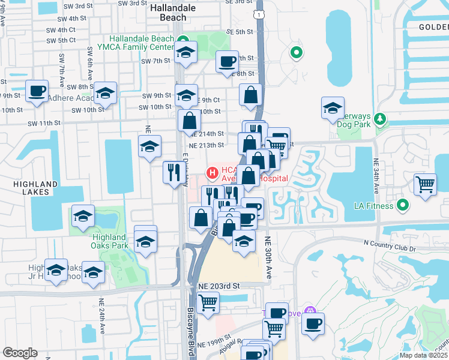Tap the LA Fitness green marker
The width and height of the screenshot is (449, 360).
[403, 206]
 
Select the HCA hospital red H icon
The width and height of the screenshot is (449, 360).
[212, 173]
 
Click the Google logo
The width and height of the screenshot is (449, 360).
[20, 353]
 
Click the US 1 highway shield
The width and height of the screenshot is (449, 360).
[257, 13]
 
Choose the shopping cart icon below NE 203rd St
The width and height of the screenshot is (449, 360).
[208, 303]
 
